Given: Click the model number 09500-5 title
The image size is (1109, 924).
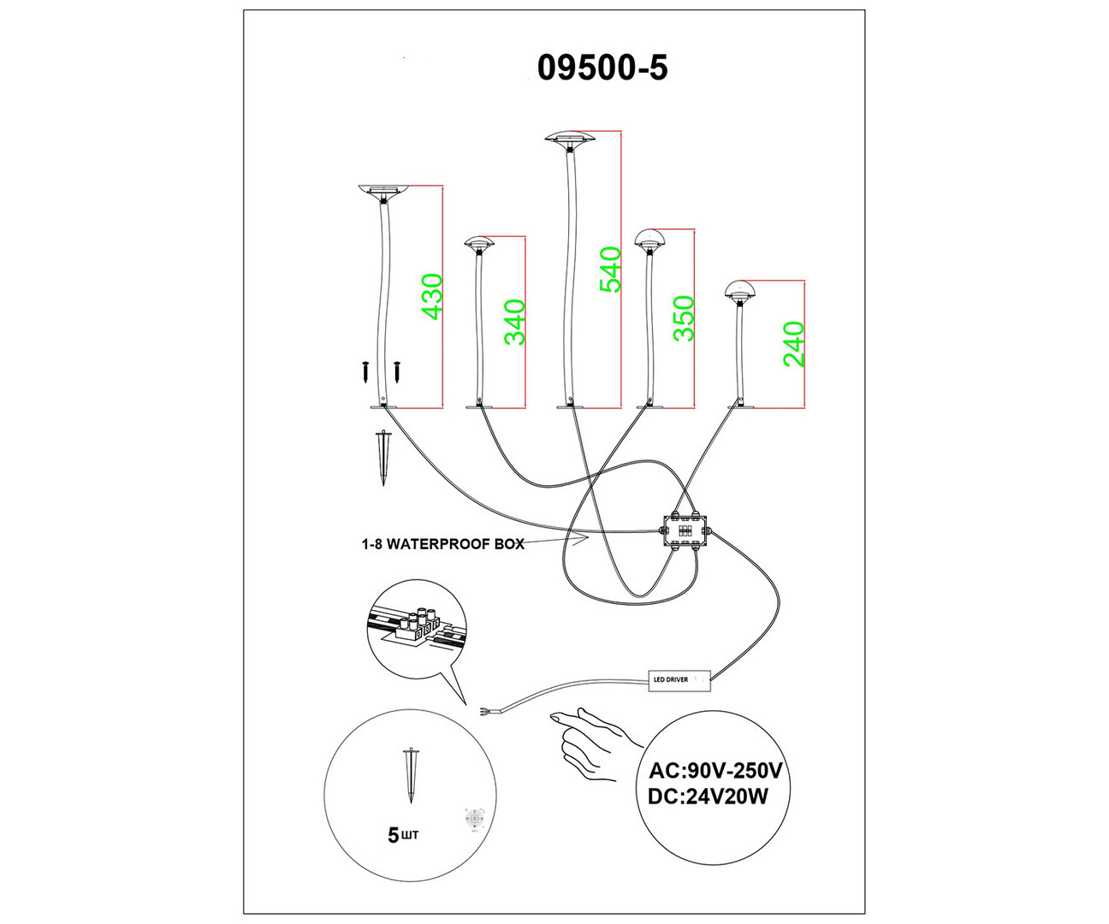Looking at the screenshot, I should click(602, 68).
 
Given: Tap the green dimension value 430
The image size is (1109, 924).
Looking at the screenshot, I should click(433, 296).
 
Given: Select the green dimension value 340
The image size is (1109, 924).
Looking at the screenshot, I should click(514, 322).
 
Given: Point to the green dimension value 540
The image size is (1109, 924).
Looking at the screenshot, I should click(610, 269).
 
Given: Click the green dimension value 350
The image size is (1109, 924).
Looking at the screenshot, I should click(684, 318).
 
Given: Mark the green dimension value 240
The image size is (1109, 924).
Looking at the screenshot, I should click(794, 343).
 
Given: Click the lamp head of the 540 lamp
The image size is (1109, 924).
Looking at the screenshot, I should click(570, 139).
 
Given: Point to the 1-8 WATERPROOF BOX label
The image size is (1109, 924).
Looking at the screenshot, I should click(442, 544).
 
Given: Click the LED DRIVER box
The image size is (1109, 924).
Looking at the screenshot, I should click(680, 680).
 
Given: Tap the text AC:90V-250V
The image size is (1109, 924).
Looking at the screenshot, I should click(715, 769).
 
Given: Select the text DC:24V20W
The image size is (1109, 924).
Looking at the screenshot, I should click(708, 797).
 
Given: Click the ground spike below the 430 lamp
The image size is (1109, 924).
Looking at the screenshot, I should click(382, 456).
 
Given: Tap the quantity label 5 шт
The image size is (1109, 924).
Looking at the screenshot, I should click(403, 834).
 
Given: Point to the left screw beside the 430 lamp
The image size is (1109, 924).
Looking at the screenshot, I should click(365, 371).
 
